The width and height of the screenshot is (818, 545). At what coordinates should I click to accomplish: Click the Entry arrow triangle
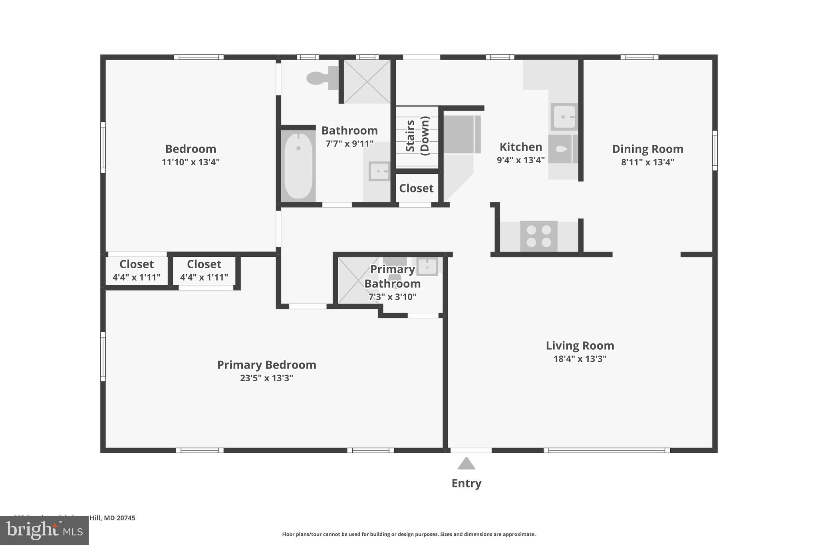point(466,464)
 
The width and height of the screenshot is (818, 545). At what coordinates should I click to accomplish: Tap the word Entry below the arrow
point(466,483)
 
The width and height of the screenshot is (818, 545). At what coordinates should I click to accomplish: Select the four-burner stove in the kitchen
point(538,236)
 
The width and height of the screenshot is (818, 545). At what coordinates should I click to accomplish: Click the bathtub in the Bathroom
point(298,166)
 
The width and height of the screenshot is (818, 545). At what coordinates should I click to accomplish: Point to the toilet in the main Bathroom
point(322,78)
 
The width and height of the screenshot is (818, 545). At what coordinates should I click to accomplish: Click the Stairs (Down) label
point(417,136)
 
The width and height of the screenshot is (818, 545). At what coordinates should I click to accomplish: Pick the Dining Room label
point(647,149)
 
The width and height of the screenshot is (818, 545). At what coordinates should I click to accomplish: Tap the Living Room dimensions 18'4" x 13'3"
point(580,359)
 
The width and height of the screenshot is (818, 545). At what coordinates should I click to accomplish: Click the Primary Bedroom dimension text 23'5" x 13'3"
point(266,378)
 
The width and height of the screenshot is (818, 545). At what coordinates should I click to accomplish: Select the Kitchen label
point(520,147)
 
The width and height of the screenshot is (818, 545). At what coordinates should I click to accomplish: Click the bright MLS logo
point(44,530)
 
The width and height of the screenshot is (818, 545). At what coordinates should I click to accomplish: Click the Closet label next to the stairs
point(416,188)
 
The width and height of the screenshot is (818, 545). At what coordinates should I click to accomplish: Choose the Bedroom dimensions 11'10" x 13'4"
point(191,162)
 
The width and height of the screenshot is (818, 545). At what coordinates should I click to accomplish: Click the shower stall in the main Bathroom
point(367,81)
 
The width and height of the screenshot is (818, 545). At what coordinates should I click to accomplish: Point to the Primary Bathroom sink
point(427,266)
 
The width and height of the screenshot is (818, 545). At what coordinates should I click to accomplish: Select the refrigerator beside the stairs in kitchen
point(461,135)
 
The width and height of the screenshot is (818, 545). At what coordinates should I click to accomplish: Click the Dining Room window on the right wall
point(715,150)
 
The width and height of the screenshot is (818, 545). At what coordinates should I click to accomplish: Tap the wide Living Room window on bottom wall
point(606,450)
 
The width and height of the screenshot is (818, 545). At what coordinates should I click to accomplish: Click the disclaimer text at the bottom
point(409,534)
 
